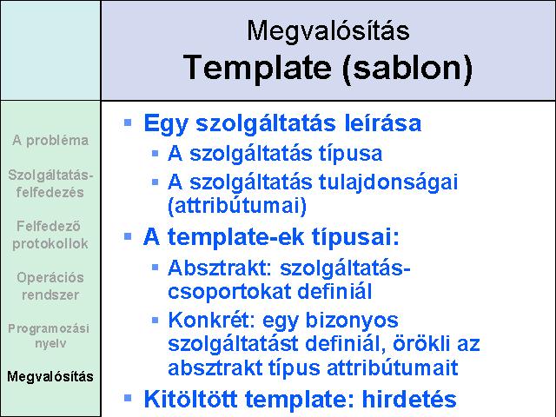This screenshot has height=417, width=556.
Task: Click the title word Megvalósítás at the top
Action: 328,31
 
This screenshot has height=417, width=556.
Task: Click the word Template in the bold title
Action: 257,68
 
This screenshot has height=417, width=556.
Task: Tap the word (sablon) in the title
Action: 407,68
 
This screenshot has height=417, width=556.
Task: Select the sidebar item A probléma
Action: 50,141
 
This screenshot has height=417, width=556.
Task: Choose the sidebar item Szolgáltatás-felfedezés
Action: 50,183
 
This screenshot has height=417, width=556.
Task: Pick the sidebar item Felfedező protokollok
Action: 50,235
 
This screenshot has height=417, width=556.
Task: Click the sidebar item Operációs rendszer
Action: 50,286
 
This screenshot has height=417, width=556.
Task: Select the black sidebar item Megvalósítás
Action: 50,376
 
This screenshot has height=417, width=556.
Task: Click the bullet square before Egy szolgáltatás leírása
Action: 128,123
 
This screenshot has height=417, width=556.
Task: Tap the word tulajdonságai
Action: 388,183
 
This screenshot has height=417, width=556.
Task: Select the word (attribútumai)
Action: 237,206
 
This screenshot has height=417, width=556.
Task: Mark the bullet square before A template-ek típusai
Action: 128,236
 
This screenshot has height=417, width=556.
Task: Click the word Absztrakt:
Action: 220,268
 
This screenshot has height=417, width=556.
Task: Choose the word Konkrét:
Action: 212,320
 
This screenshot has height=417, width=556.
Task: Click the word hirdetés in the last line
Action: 409,399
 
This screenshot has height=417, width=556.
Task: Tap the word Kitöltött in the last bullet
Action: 190,399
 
